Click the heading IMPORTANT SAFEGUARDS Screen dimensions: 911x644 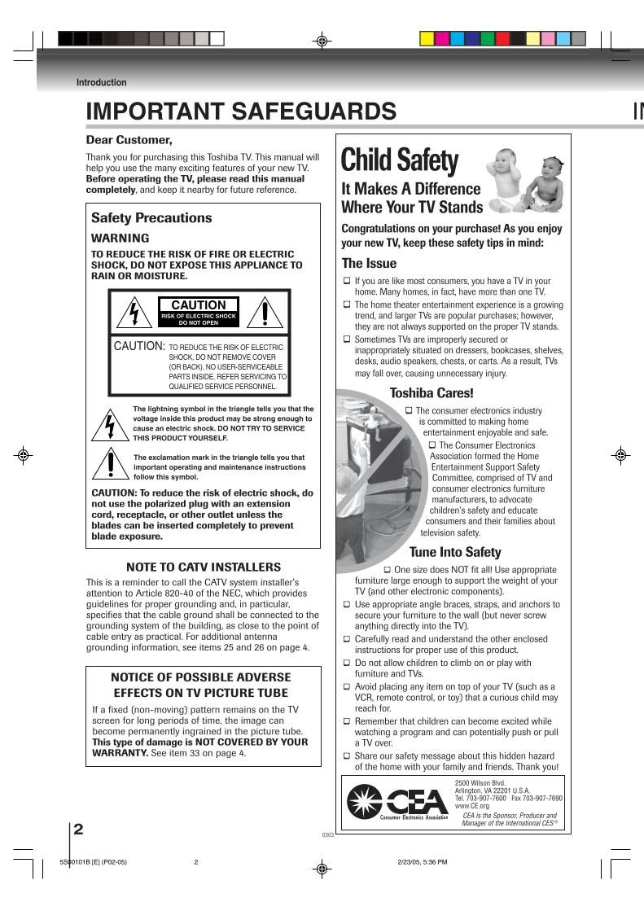click(x=241, y=112)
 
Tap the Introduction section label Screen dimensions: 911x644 click(x=101, y=82)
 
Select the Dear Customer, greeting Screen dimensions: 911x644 click(x=129, y=140)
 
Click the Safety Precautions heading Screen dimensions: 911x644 click(x=151, y=218)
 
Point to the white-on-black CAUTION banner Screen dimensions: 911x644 click(x=199, y=306)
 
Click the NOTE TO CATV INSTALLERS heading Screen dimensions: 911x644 click(x=204, y=567)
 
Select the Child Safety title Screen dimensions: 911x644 click(x=400, y=160)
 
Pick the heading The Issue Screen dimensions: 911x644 click(x=369, y=263)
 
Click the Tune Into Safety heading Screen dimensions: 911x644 click(x=454, y=552)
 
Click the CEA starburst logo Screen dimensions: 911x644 click(x=363, y=802)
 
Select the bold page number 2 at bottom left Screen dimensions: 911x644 click(x=78, y=830)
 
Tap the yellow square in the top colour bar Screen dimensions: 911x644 click(x=427, y=38)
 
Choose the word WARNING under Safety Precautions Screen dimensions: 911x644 click(x=120, y=239)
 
